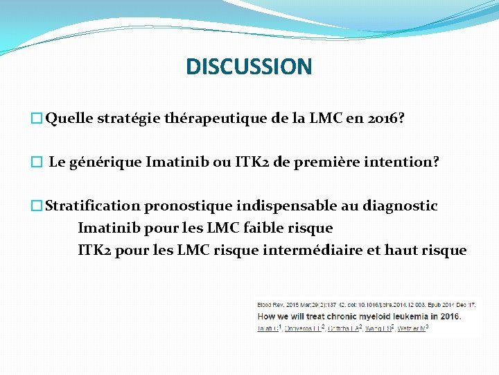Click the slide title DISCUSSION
pos(249,67)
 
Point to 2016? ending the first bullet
pos(385,119)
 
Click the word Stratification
pos(93,206)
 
